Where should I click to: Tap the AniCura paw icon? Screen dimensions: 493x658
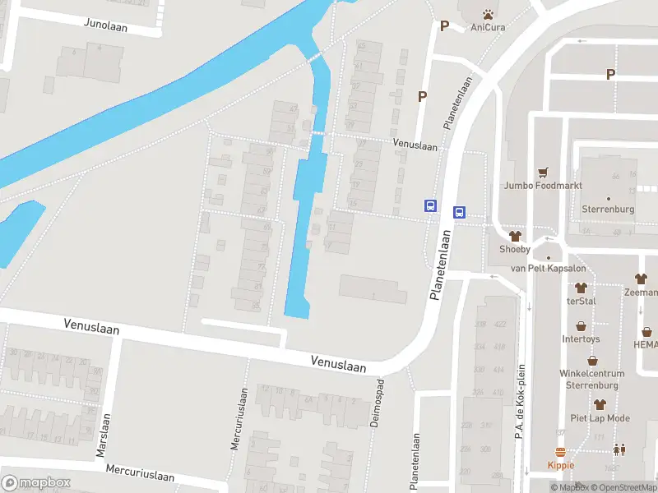488,14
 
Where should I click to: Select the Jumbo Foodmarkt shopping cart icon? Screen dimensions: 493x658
543,173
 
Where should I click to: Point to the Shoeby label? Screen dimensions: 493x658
516,249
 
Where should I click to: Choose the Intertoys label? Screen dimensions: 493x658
581,339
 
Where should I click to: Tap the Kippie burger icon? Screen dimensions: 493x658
561,453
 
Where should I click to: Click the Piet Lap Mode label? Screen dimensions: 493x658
600,418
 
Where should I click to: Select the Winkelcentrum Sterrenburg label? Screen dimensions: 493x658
592,379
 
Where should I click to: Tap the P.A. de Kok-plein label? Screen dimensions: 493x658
521,402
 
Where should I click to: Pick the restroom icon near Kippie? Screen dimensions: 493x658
618,449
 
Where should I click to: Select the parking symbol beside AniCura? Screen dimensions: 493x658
444,25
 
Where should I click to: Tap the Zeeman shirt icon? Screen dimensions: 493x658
640,279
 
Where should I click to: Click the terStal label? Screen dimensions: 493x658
581,301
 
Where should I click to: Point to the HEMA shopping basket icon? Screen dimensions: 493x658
647,332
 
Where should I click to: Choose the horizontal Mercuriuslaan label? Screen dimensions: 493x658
140,473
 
